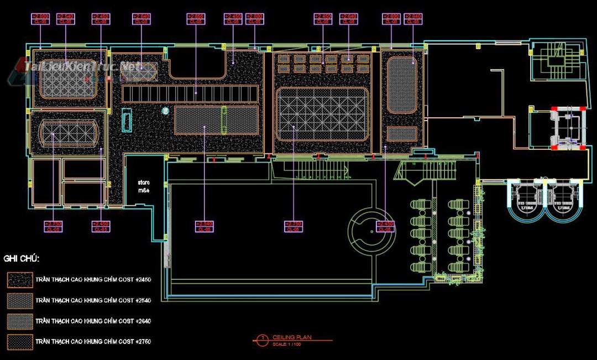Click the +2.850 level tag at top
click(196, 19)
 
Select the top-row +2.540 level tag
click(65, 19)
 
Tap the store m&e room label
click(144, 186)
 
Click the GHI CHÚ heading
click(22, 258)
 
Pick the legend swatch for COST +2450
click(20, 280)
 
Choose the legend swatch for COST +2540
click(20, 300)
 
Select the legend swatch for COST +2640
click(20, 321)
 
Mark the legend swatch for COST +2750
click(20, 341)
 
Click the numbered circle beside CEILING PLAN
click(263, 338)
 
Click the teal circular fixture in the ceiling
click(165, 111)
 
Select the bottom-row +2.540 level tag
click(204, 226)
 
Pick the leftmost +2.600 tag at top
click(41, 19)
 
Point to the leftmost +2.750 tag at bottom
click(53, 226)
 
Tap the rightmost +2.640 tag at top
click(413, 19)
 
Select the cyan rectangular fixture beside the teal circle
click(127, 120)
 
